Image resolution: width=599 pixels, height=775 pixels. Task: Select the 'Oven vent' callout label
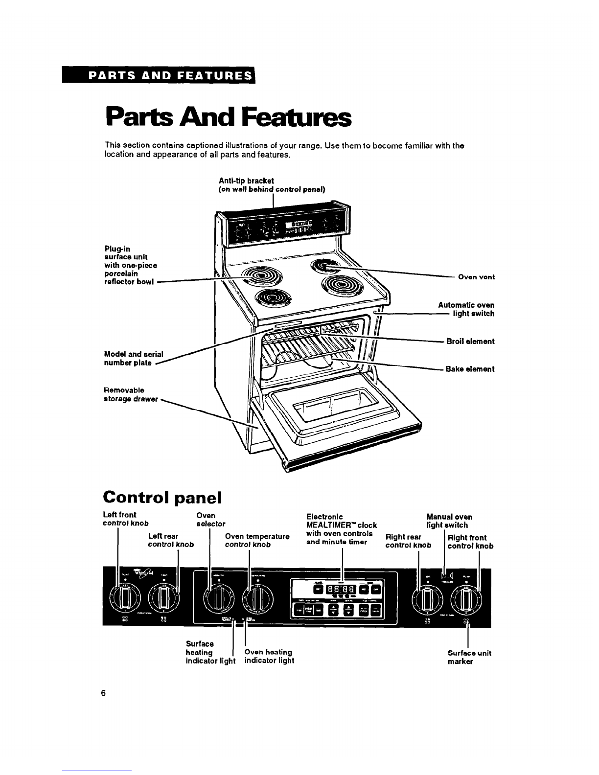(476, 277)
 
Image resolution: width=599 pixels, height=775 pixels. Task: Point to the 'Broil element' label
(470, 341)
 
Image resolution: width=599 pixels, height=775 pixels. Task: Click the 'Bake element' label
(470, 369)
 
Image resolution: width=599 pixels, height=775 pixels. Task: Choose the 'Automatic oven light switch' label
(466, 309)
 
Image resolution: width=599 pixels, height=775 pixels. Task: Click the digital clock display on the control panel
(341, 590)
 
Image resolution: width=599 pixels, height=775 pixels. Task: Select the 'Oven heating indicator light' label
(269, 656)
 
